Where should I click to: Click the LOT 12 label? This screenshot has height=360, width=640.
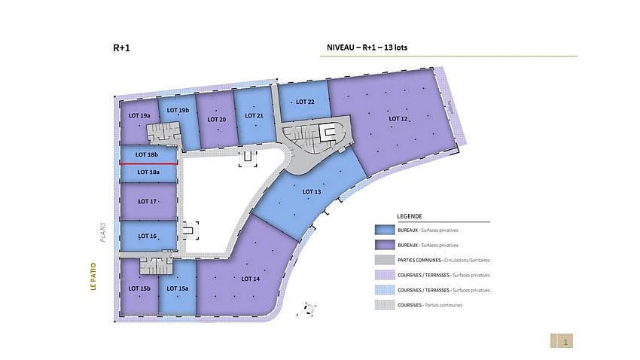pos(398,118)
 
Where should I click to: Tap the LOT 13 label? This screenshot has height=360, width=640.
pos(312,191)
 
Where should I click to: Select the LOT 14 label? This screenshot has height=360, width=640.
pos(251,279)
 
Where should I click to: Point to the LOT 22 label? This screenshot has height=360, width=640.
pos(305,102)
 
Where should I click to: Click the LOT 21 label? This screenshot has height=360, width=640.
pos(254,115)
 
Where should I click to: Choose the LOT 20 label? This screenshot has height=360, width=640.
pos(217,119)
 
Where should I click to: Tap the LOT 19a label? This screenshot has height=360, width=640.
pos(139,115)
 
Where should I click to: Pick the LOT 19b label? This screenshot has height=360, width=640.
pos(178,110)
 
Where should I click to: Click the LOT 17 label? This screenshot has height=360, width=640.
pos(148,201)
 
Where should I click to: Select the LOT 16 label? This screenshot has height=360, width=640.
pos(148,236)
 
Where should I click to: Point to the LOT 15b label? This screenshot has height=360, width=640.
pos(139,288)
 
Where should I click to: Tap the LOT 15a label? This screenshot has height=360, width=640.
pos(178,288)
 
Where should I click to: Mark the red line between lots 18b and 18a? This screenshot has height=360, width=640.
pos(148,163)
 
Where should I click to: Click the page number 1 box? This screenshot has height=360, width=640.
pos(565,341)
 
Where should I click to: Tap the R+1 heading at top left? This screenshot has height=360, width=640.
pos(123,47)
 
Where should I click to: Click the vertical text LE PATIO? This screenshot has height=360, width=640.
pos(94,276)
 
